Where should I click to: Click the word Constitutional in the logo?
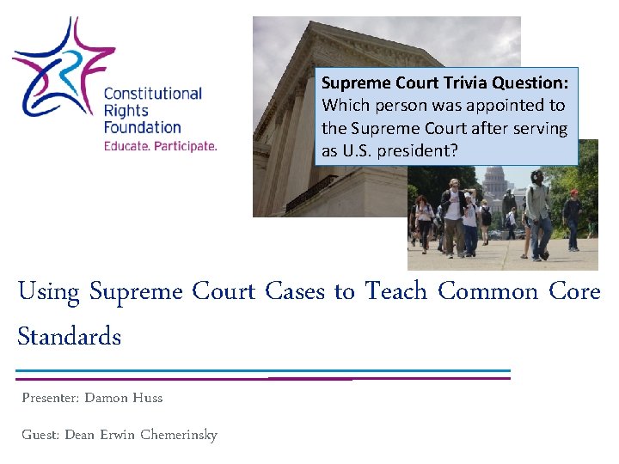point(152,94)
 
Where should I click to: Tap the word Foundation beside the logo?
point(142,127)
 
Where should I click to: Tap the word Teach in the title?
point(395,291)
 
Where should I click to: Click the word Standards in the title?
point(70,336)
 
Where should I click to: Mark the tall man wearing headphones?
point(538,211)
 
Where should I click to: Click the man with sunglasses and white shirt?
point(453,215)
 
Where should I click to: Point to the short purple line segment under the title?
point(309,379)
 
